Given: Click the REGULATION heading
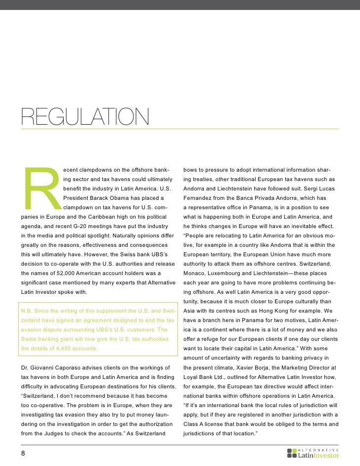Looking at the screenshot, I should (x=85, y=117).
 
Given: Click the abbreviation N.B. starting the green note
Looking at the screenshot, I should (x=27, y=311).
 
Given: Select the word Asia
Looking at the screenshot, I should (x=189, y=311).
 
